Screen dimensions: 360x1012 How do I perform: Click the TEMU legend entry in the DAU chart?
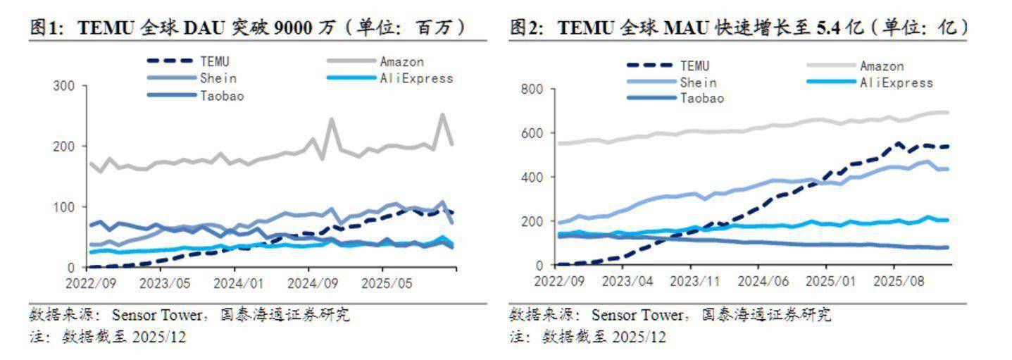[215, 62]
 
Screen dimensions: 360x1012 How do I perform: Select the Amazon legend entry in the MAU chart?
[881, 66]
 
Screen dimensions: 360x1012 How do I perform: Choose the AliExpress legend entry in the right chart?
[896, 83]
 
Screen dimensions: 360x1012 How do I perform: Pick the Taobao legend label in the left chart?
[222, 97]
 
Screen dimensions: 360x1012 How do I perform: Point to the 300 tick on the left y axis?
[64, 86]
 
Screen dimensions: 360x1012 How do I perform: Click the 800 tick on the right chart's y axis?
[532, 89]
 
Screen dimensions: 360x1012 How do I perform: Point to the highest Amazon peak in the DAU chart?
[442, 114]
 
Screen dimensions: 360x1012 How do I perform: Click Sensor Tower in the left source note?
[148, 314]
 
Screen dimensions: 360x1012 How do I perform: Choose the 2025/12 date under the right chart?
[638, 337]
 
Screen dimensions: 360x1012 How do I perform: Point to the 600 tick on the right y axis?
[532, 133]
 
